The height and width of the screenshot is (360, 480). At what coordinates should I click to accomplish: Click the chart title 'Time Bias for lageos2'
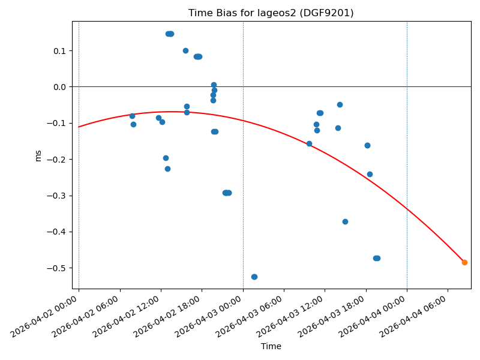point(271,13)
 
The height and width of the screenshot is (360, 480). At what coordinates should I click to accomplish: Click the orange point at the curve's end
point(464,262)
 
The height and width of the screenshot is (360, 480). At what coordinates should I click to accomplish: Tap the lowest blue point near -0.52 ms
point(254,277)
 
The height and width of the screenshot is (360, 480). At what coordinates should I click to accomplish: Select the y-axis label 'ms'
point(38,155)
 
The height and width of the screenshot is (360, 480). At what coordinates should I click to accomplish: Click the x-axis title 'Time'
point(271,346)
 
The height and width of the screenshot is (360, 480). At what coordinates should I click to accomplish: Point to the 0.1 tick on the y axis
point(59,50)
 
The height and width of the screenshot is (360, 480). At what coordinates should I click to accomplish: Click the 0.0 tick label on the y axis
point(59,87)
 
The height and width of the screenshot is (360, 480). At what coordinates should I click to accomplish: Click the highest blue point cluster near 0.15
point(170,34)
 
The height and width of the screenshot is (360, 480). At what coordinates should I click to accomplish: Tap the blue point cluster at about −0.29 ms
point(227,193)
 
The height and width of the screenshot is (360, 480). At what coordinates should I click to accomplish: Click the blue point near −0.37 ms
point(345,221)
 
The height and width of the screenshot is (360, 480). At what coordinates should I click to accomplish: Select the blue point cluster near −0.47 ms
point(377,258)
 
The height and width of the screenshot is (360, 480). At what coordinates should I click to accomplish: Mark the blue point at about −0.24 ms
point(370,174)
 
